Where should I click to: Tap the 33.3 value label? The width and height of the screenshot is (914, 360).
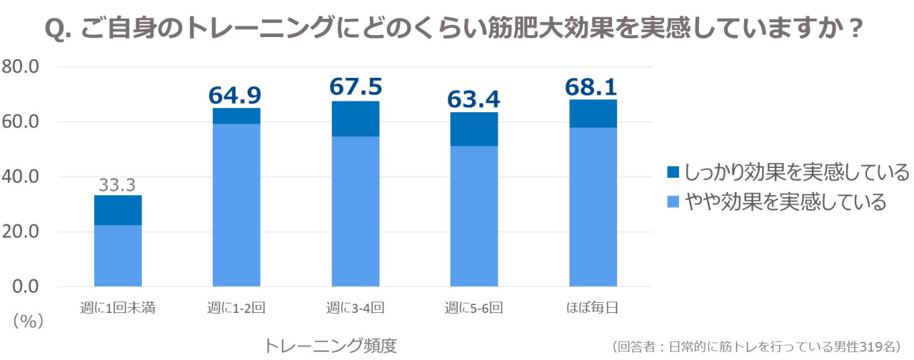point(118,185)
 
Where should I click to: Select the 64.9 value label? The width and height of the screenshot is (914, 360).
point(236,95)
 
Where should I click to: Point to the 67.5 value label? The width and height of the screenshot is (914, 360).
point(356,87)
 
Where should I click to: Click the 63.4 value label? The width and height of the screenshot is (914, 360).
point(474,99)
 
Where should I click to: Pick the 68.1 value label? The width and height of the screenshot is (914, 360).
point(593,87)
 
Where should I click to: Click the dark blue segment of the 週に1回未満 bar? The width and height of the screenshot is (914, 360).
point(118,210)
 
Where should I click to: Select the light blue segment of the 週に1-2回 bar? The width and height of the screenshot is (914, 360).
point(236,204)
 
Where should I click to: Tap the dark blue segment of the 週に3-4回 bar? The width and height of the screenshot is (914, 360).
point(356,119)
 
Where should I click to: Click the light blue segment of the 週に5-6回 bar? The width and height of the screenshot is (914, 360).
point(474,216)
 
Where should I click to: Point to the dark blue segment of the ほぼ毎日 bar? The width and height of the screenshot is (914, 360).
point(593,114)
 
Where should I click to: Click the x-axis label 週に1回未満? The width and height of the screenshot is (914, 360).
point(118,309)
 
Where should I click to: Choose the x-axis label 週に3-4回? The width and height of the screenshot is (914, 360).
point(356,309)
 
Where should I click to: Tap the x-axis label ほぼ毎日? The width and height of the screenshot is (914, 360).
point(593,309)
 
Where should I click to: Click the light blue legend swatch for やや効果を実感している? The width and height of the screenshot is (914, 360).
point(673,203)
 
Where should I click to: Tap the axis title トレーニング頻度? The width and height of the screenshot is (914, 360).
point(330,346)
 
